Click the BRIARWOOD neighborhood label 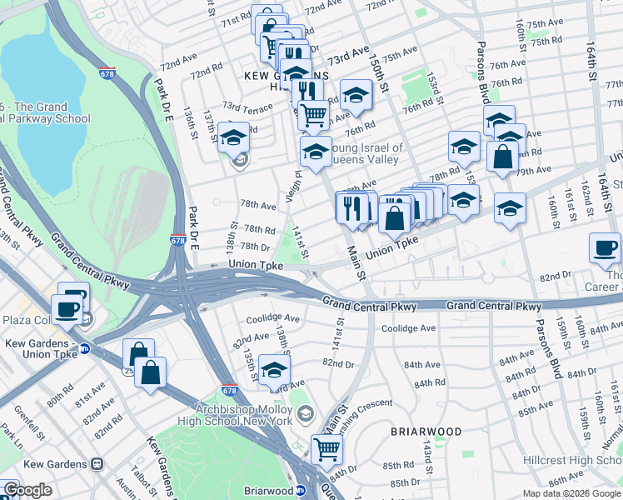pyautogui.click(x=426, y=432)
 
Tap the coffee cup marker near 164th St pyautogui.click(x=604, y=247)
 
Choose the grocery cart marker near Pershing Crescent pyautogui.click(x=326, y=449)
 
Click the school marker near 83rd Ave pyautogui.click(x=274, y=370)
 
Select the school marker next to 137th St pyautogui.click(x=234, y=137)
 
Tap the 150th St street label pyautogui.click(x=382, y=76)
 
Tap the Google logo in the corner pyautogui.click(x=27, y=490)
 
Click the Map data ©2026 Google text pyautogui.click(x=571, y=493)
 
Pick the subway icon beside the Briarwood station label pyautogui.click(x=299, y=491)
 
